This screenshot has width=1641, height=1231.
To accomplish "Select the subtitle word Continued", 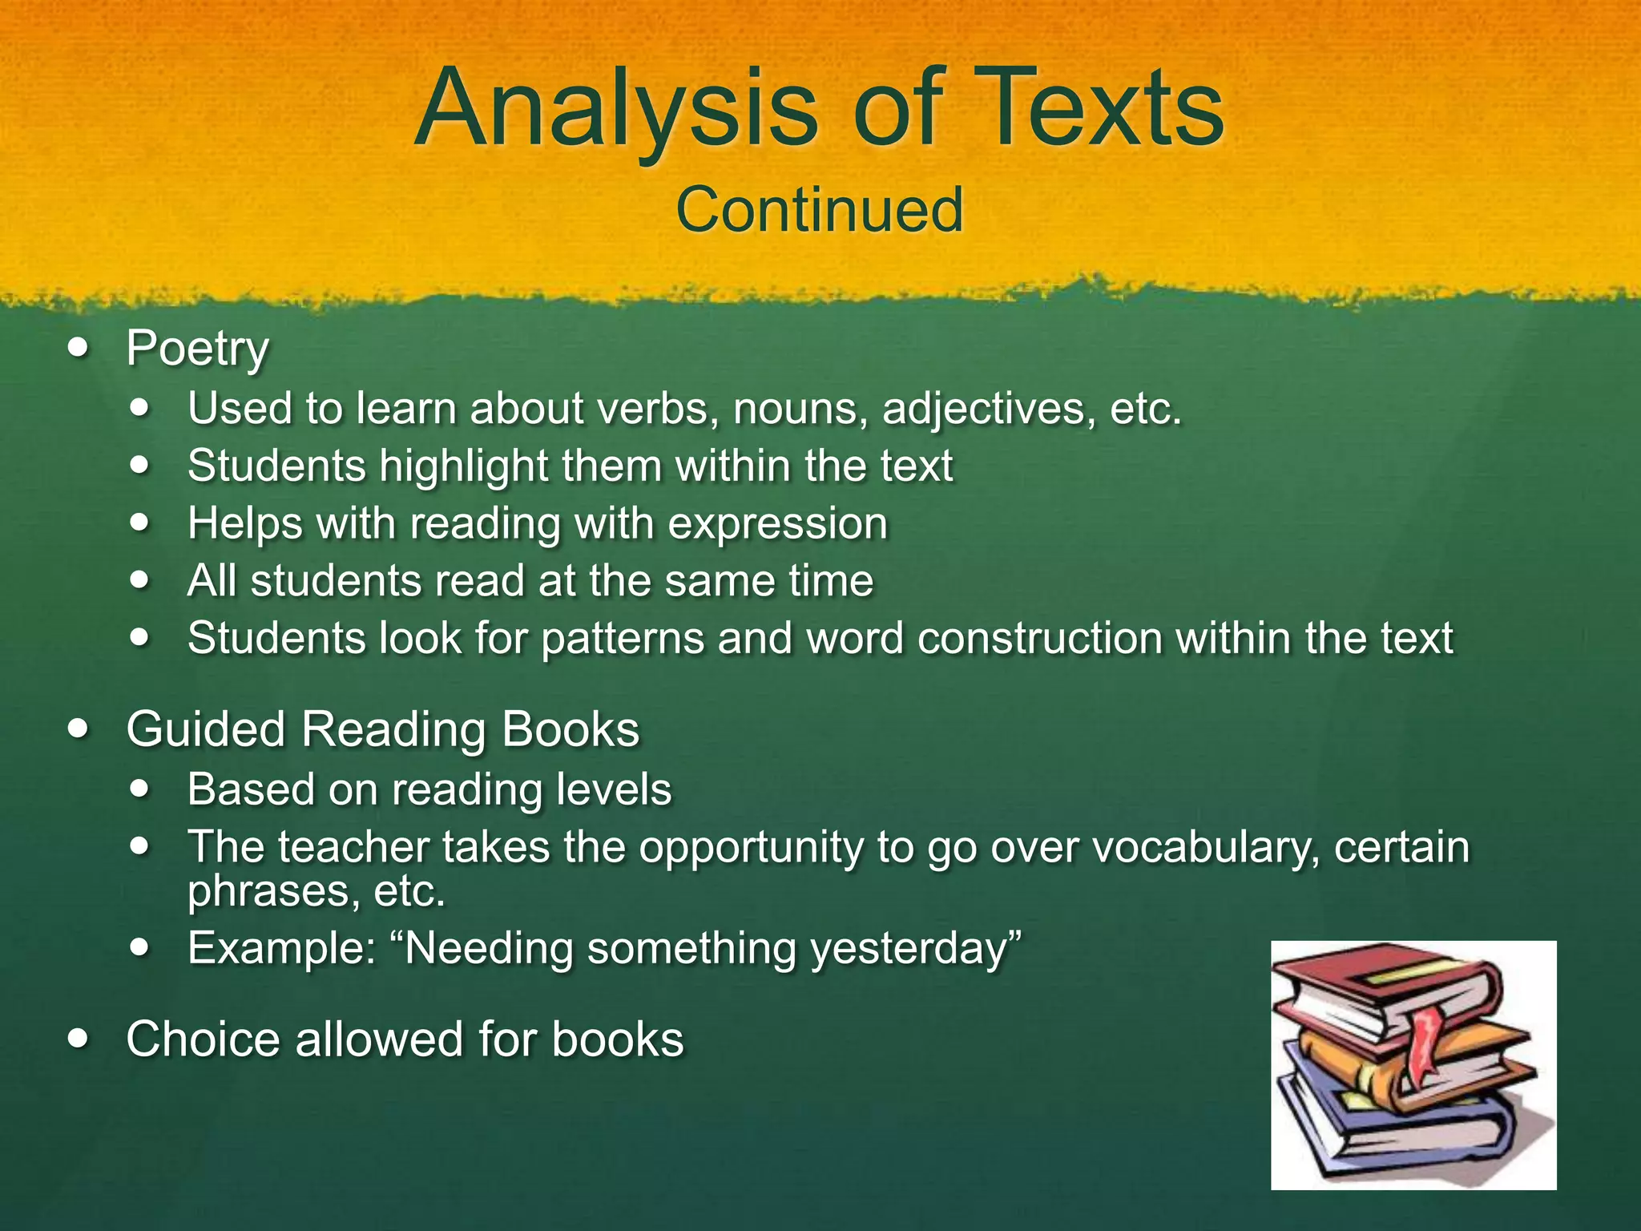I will coord(819,210).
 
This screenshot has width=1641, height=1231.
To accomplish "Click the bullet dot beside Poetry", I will coord(79,349).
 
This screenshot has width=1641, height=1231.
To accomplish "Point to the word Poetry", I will coord(197,350).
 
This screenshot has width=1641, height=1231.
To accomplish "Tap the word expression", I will coord(777,525).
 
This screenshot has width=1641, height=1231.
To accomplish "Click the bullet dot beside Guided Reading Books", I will coord(79,729).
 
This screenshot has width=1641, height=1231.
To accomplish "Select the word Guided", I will coord(206,730).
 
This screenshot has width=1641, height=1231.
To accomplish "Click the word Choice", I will coord(204,1039).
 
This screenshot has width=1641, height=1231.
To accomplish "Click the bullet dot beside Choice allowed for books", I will coord(79,1039).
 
